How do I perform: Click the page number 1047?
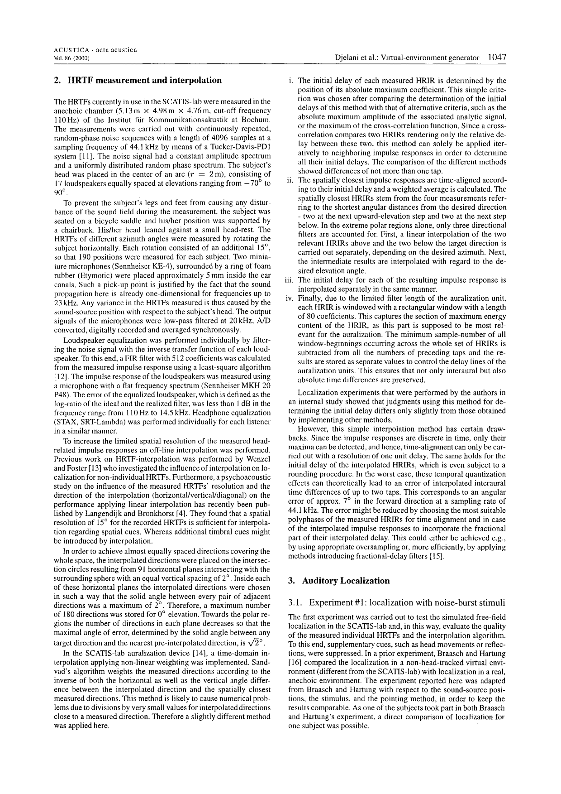[x=496, y=58]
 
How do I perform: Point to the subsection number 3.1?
[x=295, y=603]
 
